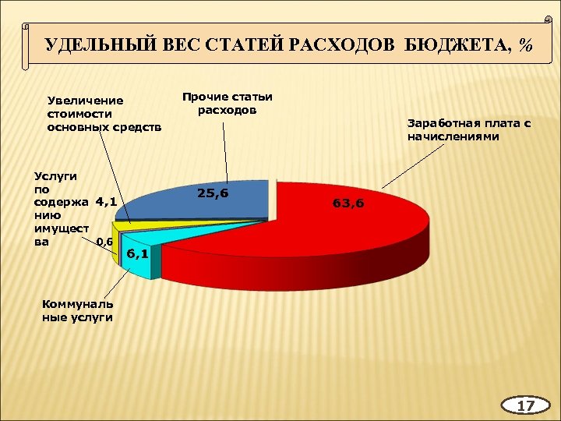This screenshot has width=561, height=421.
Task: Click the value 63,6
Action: click(x=348, y=203)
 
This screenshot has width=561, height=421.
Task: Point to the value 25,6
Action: click(x=213, y=192)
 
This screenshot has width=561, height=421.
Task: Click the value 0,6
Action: click(x=105, y=242)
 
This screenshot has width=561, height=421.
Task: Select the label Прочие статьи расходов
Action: click(x=227, y=103)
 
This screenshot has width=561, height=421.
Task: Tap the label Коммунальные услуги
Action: click(x=77, y=310)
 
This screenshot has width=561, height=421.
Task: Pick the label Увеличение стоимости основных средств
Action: click(x=104, y=114)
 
